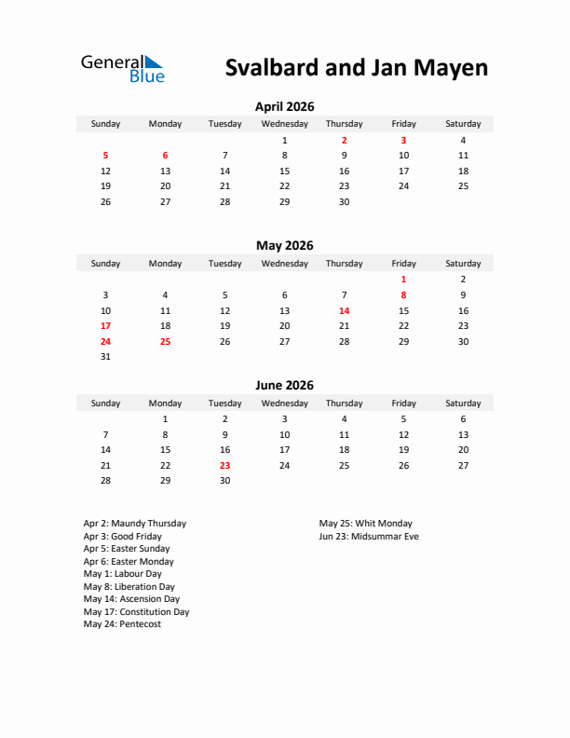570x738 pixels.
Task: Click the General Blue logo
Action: (x=122, y=68)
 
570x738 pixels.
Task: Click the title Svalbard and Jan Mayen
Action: (x=357, y=68)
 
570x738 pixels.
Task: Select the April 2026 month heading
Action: (x=284, y=107)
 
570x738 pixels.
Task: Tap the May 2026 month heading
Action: (x=284, y=246)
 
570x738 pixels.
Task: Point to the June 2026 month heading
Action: (x=284, y=386)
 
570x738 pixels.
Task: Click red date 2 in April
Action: (x=344, y=140)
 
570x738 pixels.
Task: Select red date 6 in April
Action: (x=165, y=156)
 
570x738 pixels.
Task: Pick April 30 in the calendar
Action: (x=344, y=201)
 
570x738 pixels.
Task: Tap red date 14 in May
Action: (x=344, y=310)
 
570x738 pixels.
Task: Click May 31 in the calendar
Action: (x=105, y=357)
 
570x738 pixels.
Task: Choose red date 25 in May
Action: (x=165, y=341)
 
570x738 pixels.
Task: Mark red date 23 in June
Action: (x=224, y=465)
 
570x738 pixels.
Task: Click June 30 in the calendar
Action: (x=224, y=481)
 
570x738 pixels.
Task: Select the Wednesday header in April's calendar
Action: (x=284, y=124)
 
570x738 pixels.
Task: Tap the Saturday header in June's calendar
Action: (x=463, y=403)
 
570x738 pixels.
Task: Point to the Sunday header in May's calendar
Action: (x=105, y=264)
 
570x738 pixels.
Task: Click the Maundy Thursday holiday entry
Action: (x=134, y=524)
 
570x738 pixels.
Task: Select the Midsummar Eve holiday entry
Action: (x=369, y=537)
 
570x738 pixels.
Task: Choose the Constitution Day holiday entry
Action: (x=136, y=612)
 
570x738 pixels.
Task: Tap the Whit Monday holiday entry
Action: (x=365, y=524)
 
